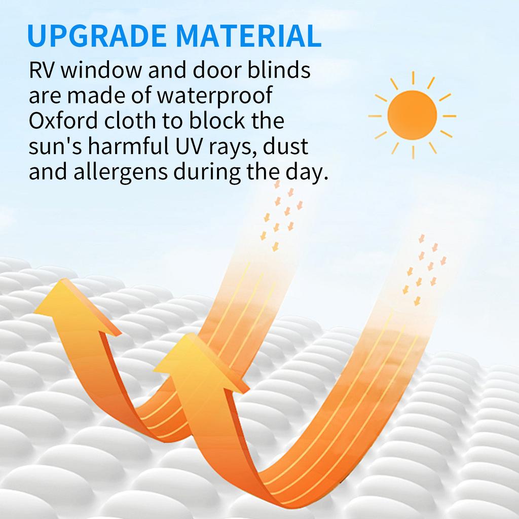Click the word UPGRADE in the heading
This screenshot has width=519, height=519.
(x=97, y=35)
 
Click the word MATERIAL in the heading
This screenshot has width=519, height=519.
(x=248, y=35)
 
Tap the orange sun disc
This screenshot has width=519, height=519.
(x=412, y=115)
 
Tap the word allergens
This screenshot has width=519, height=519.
(x=121, y=173)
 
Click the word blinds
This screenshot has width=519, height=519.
(x=279, y=70)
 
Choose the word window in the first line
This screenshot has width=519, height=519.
(x=101, y=70)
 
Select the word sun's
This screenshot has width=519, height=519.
(x=55, y=146)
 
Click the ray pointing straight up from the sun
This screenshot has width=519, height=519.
(x=413, y=78)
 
